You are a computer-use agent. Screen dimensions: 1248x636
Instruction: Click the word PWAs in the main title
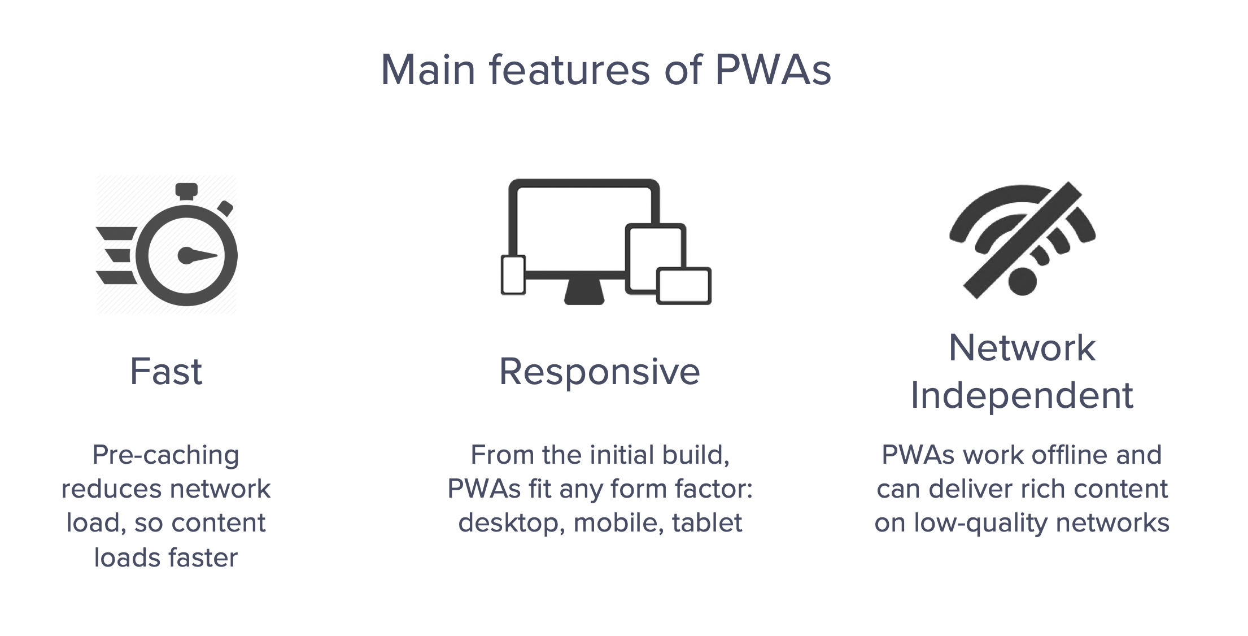(x=773, y=70)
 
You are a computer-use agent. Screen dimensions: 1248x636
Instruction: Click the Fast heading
(x=166, y=372)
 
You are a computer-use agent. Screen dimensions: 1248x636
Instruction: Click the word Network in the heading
(x=1022, y=347)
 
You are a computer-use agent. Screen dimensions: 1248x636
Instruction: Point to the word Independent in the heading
(x=1022, y=395)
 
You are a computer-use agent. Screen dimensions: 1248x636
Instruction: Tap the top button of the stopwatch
(x=186, y=191)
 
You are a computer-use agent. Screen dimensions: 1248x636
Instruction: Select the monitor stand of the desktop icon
(x=584, y=292)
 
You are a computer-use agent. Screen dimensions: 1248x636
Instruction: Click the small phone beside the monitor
(x=513, y=275)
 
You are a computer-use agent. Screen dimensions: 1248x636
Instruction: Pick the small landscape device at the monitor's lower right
(x=684, y=286)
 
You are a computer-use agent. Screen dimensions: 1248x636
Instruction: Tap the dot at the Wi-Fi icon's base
(x=1022, y=281)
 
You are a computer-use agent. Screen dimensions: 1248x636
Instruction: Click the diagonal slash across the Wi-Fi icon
(x=1022, y=240)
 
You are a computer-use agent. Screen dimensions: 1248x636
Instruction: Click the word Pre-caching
(x=166, y=455)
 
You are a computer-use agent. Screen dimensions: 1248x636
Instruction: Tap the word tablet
(x=707, y=522)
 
